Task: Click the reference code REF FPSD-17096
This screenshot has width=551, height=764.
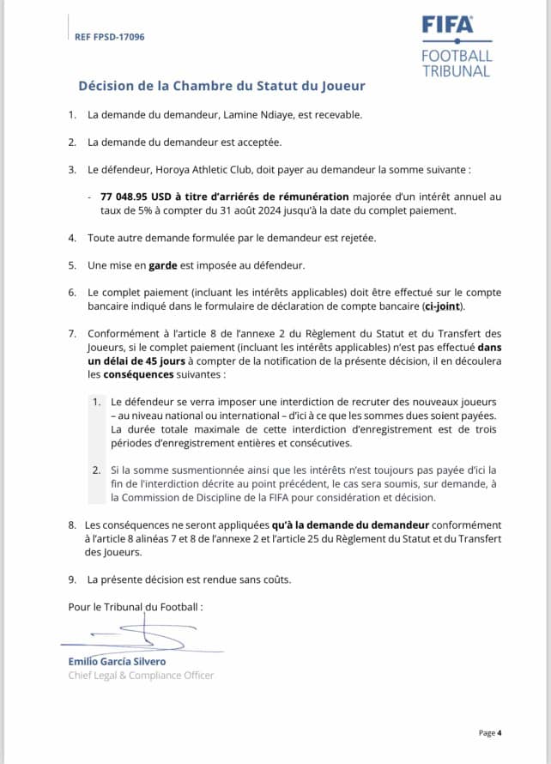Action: (x=110, y=37)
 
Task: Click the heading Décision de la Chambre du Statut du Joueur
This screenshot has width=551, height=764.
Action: (x=221, y=86)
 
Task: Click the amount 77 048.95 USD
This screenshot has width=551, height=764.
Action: (x=142, y=197)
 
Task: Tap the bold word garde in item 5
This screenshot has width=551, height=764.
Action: (x=163, y=265)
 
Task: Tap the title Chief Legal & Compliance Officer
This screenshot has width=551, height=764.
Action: (x=141, y=675)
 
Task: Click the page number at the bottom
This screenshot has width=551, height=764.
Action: (x=489, y=732)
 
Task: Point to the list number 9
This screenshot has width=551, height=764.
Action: (x=72, y=579)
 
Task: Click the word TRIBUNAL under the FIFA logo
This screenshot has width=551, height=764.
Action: (x=457, y=71)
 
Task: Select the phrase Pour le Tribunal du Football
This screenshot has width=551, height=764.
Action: (x=135, y=607)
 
